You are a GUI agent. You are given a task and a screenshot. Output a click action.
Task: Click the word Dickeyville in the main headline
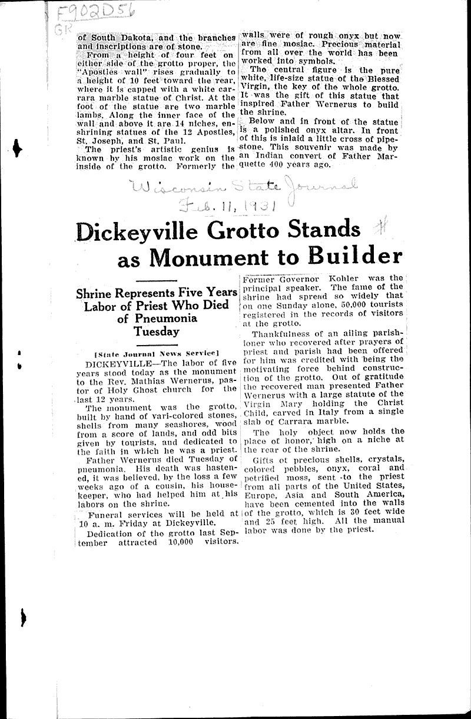coord(145,229)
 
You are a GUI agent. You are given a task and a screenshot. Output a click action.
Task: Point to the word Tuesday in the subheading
coord(156,332)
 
